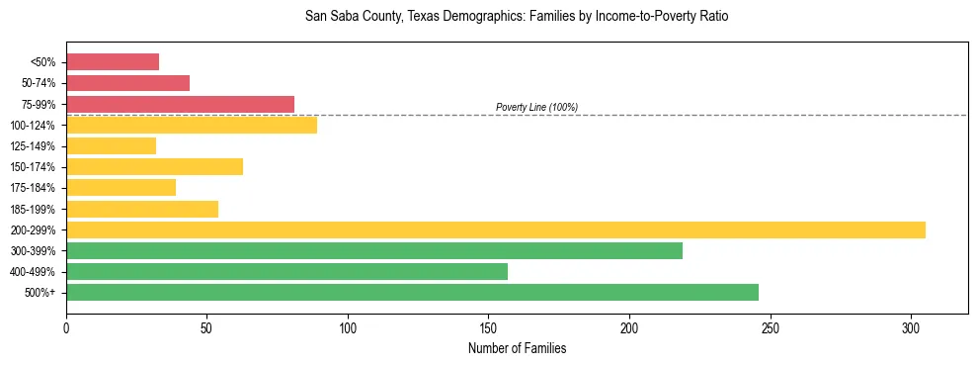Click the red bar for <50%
click(x=113, y=62)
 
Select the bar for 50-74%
click(x=127, y=83)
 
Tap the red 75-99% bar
click(x=180, y=104)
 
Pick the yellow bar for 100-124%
click(x=192, y=125)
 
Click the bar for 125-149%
click(x=111, y=146)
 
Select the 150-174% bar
click(x=154, y=167)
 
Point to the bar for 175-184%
click(x=121, y=188)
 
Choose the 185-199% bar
click(x=142, y=209)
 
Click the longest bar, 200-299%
click(x=496, y=229)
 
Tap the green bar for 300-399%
click(x=374, y=250)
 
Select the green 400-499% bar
click(x=286, y=271)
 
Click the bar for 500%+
click(x=412, y=292)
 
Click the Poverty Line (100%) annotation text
click(x=536, y=107)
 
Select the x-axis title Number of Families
click(x=517, y=348)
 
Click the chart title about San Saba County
click(x=517, y=17)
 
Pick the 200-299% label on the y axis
click(x=36, y=230)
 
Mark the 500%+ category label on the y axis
click(x=42, y=293)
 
